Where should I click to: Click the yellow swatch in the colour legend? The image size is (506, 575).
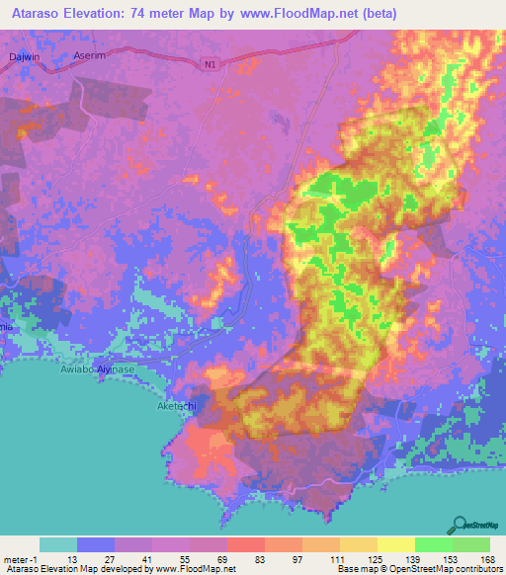[x=396, y=544]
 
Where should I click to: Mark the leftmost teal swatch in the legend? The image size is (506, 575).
[x=58, y=544]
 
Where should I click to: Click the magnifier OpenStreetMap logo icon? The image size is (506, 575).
[x=461, y=524]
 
